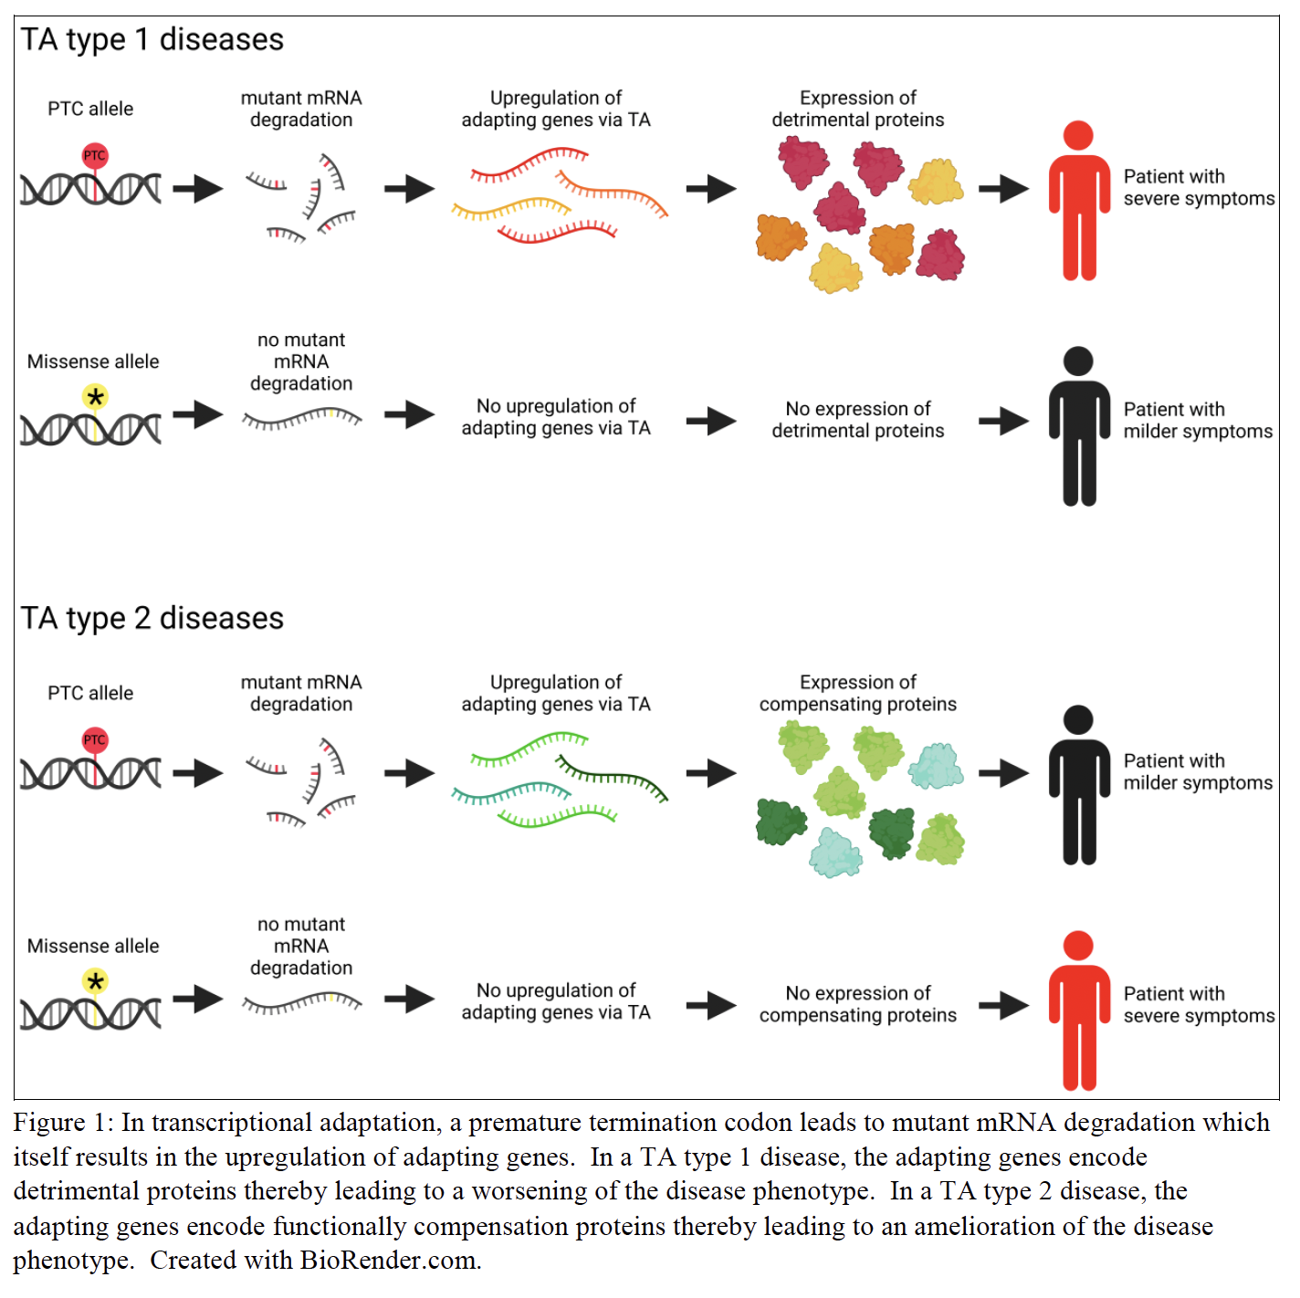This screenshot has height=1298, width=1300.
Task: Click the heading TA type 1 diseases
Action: pos(152,40)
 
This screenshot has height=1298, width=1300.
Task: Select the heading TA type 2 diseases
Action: pos(152,619)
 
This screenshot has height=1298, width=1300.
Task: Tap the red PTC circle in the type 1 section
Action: pos(95,155)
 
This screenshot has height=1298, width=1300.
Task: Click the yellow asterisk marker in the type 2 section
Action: pos(95,981)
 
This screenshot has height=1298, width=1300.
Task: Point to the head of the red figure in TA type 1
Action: pos(1078,135)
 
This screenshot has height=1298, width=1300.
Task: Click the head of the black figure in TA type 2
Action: pos(1078,719)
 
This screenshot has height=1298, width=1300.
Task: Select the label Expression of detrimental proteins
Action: pos(857,109)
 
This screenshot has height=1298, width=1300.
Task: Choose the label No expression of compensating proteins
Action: pos(857,1004)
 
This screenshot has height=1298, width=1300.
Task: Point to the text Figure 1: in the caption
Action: pos(63,1123)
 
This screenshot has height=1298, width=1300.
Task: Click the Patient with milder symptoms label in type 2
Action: pos(1197,772)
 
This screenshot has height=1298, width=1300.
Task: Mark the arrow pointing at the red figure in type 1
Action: pos(1003,189)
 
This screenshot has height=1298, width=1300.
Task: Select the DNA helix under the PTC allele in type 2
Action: pos(90,774)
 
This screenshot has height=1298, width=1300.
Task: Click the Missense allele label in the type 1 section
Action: pos(93,361)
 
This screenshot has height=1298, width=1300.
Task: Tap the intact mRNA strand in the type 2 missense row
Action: pos(301,1004)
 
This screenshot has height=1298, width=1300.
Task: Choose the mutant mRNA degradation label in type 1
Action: pos(301,109)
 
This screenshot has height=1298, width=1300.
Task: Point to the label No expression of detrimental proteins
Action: pos(857,420)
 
